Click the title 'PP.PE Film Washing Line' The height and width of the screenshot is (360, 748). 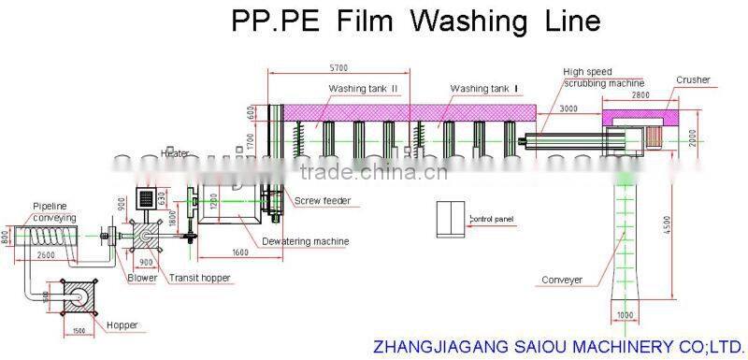click(415, 21)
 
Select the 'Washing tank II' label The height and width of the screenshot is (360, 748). click(363, 89)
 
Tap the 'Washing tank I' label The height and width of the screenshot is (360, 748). click(483, 89)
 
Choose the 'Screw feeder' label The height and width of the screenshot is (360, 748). click(323, 200)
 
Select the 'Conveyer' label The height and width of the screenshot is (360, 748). click(562, 279)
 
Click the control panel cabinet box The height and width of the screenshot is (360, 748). click(451, 218)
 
